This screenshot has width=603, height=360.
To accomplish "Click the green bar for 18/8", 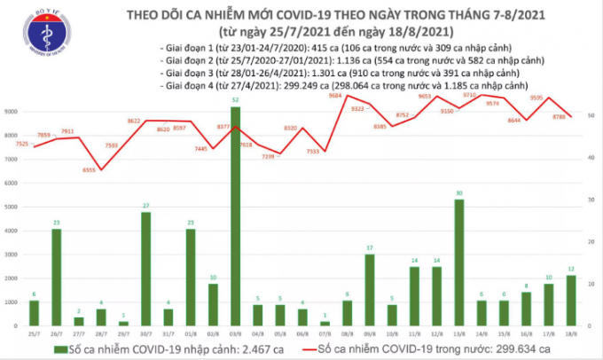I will click(573, 301).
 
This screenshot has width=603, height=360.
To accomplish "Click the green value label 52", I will click(234, 100).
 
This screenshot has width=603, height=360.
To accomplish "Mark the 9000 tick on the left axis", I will click(12, 112).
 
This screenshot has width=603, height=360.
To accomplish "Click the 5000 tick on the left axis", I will click(12, 207).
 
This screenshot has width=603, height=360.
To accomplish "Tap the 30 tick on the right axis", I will click(592, 200).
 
